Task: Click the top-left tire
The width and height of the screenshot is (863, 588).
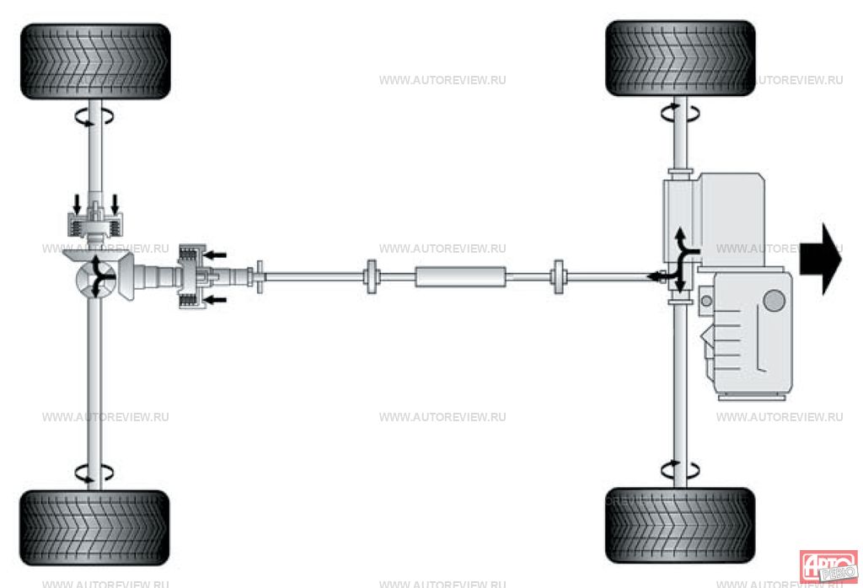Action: point(95,61)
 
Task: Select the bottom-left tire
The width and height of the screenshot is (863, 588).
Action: point(94,527)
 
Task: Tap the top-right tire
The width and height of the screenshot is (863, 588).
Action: point(680,58)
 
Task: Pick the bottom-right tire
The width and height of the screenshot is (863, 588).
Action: point(680,525)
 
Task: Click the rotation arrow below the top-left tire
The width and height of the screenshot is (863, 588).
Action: point(94,117)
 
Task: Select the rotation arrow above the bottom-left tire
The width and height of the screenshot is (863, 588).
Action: point(94,473)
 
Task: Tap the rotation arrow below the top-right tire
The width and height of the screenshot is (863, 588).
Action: point(679,114)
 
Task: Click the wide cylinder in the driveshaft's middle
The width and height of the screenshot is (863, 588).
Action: point(460,276)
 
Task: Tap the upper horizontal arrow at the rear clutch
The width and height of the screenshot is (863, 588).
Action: point(215,253)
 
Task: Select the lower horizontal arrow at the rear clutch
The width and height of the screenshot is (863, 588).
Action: point(215,299)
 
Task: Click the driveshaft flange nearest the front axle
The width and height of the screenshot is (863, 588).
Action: point(558,276)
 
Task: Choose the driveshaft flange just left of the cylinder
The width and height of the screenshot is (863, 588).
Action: point(371,276)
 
